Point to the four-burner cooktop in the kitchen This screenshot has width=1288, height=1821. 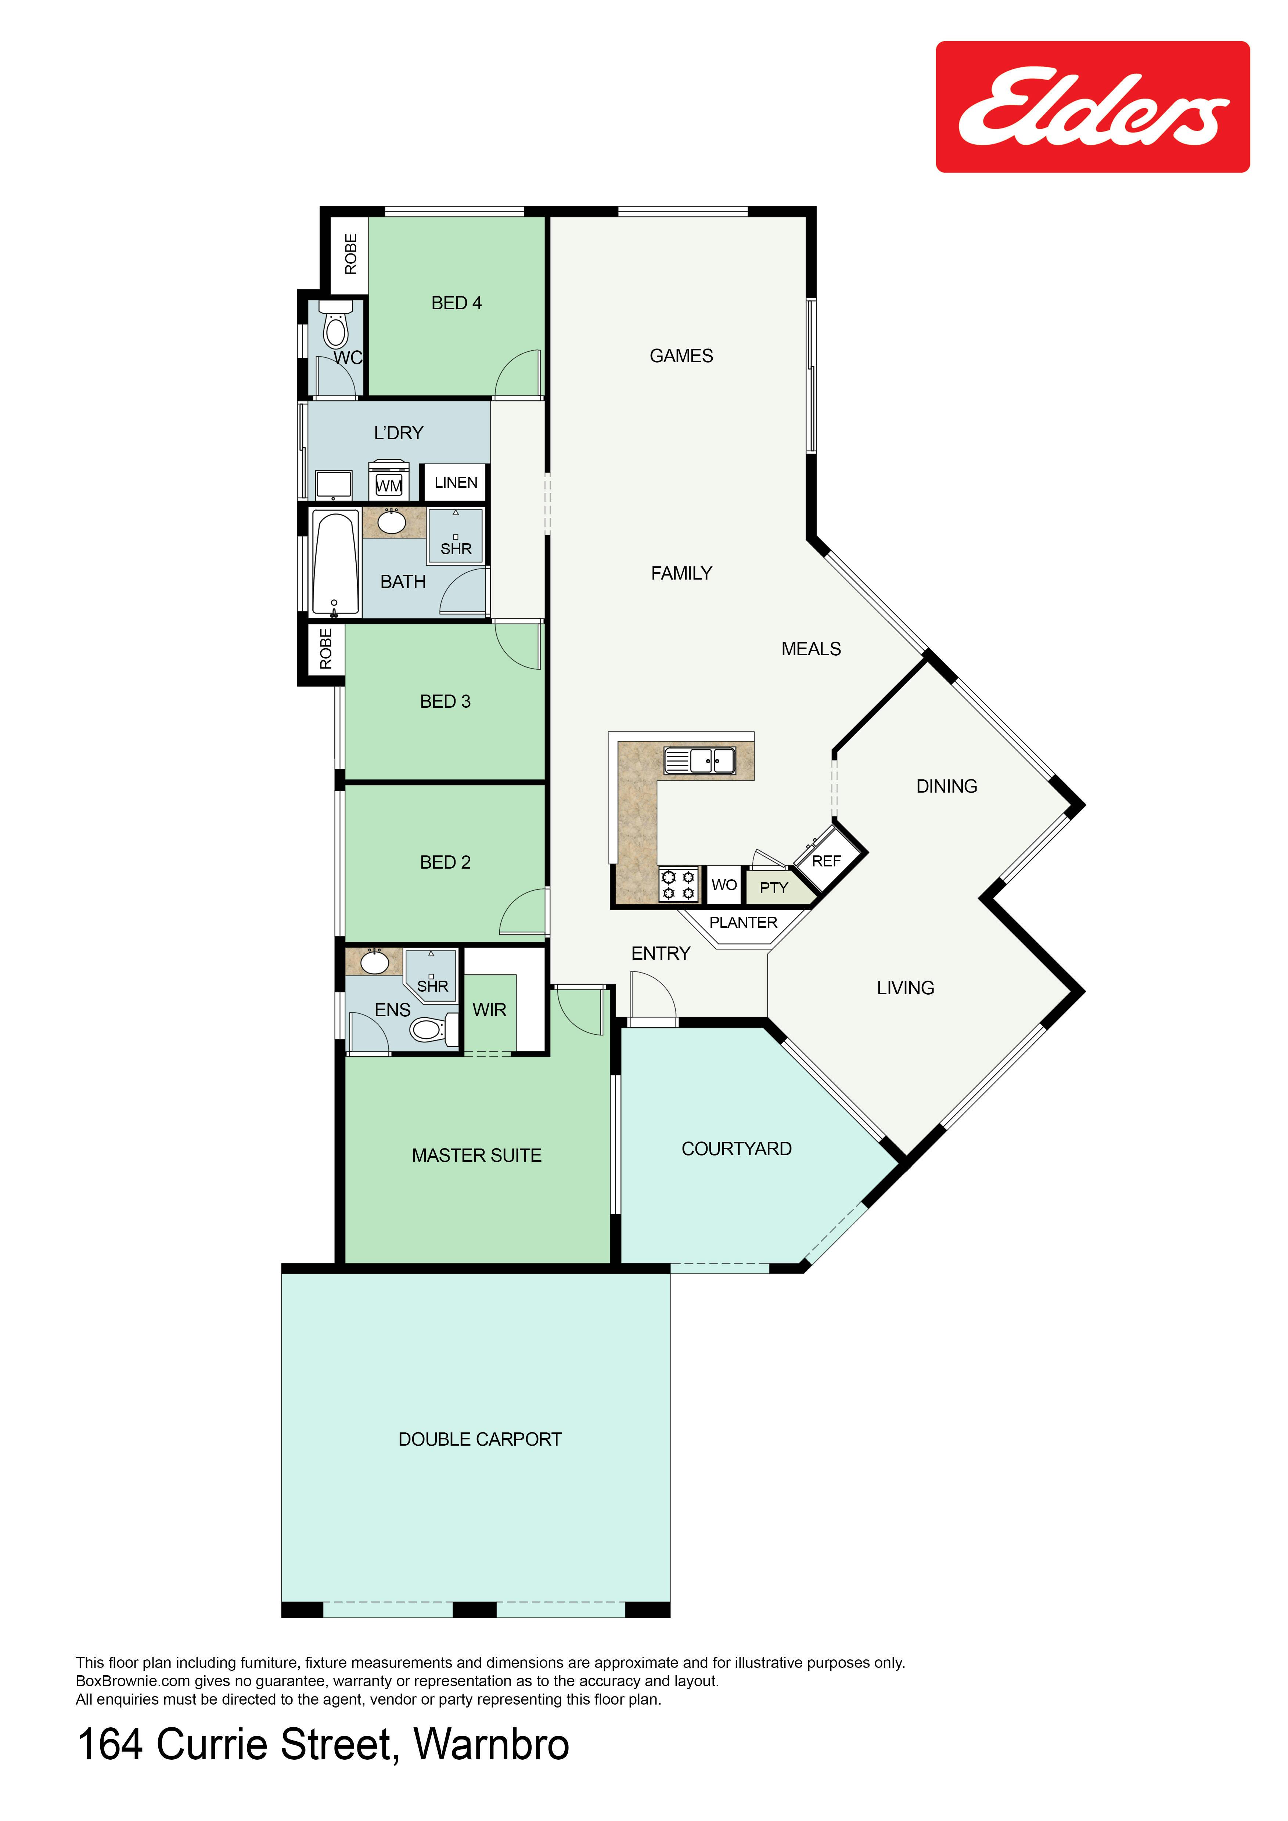click(678, 884)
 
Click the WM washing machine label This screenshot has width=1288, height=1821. click(389, 486)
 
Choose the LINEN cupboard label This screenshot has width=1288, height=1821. click(456, 482)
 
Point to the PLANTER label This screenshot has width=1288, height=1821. click(743, 922)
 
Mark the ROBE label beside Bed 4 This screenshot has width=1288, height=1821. click(350, 254)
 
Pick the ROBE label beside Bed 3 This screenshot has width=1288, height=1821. click(325, 649)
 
